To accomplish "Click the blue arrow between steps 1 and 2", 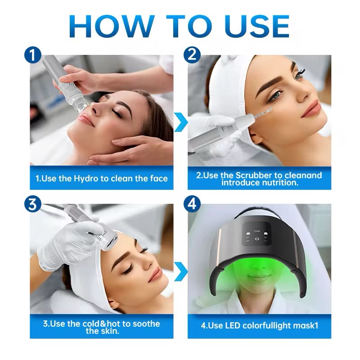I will pyautogui.click(x=180, y=121).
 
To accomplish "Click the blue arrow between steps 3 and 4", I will pyautogui.click(x=180, y=271).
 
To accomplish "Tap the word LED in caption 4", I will pyautogui.click(x=232, y=325).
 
